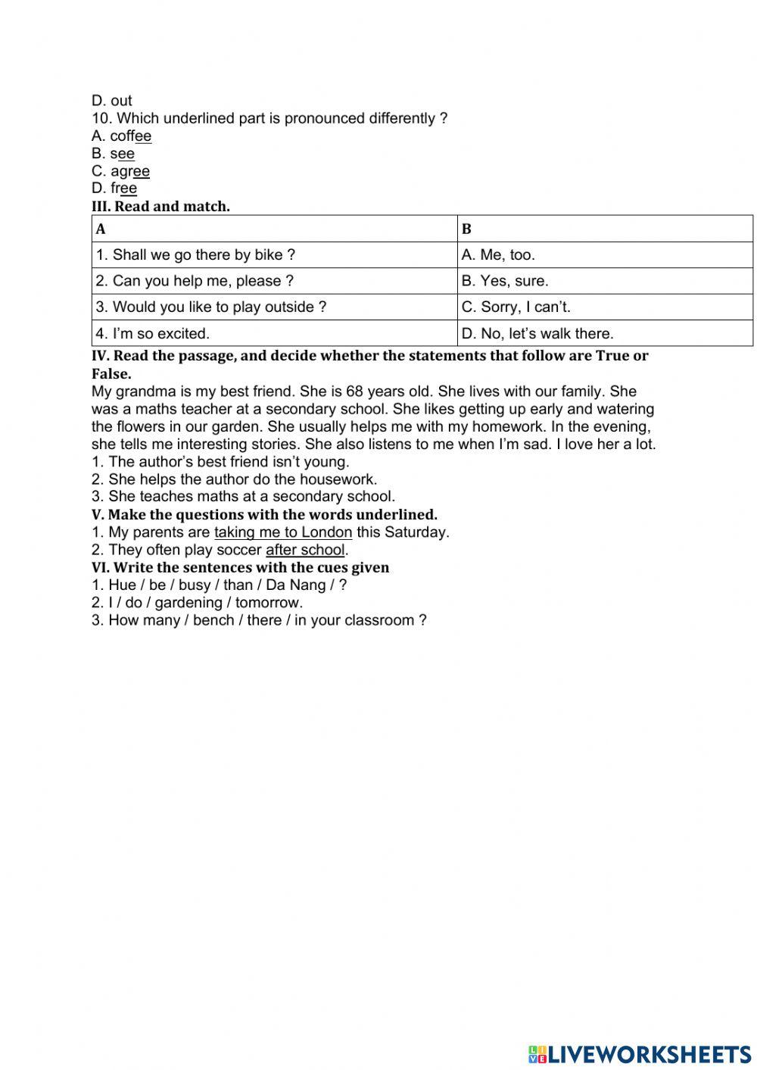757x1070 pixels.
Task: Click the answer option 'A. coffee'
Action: [121, 136]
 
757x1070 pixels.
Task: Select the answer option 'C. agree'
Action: [120, 171]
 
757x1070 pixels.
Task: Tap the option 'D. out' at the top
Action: [111, 101]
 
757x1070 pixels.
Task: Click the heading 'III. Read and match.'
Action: [160, 206]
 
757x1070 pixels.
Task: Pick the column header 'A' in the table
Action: [101, 229]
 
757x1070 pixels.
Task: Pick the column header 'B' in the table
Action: [466, 229]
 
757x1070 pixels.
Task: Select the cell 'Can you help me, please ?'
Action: [195, 281]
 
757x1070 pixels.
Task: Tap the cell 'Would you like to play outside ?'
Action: [211, 307]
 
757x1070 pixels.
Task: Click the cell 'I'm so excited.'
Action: [152, 333]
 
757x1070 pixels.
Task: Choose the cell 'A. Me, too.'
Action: [498, 255]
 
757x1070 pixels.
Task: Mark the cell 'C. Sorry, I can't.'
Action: [516, 307]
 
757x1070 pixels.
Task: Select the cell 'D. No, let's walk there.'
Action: [537, 333]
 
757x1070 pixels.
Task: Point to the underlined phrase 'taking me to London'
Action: [283, 532]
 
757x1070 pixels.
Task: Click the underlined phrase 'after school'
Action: [305, 550]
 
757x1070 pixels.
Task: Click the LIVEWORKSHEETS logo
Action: [640, 1053]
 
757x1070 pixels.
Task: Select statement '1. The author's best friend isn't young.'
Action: [220, 462]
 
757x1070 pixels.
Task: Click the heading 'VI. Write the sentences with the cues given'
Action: [240, 567]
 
